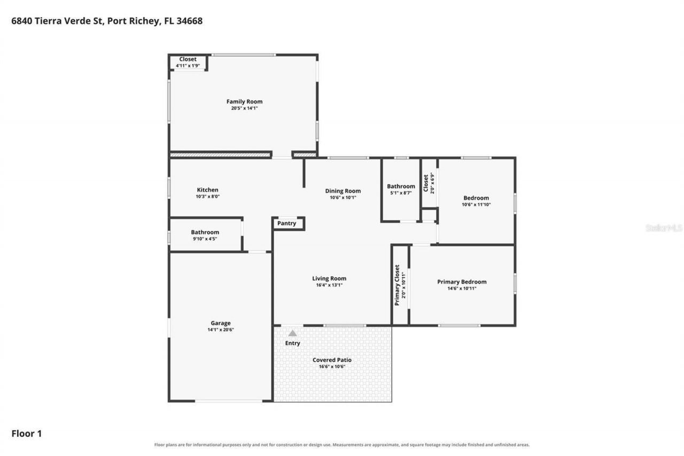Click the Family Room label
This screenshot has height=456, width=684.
244,102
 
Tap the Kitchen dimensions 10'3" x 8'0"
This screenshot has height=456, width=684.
208,197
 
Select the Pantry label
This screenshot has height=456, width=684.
286,223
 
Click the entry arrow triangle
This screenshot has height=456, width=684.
292,333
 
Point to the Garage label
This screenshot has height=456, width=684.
221,323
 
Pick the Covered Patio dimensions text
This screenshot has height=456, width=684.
332,367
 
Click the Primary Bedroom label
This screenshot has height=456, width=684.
462,282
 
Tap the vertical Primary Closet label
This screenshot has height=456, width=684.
397,285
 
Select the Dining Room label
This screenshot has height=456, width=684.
343,191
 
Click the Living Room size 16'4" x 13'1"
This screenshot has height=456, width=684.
329,285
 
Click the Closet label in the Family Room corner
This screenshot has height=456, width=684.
188,59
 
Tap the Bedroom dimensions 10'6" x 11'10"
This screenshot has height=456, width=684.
476,205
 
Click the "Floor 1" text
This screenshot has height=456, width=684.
27,434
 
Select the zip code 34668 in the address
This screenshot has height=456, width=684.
189,21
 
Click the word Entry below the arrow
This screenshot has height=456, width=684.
292,343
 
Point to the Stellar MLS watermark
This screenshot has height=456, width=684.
664,228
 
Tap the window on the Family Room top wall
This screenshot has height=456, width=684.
244,55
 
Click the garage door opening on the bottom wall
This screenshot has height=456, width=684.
229,401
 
